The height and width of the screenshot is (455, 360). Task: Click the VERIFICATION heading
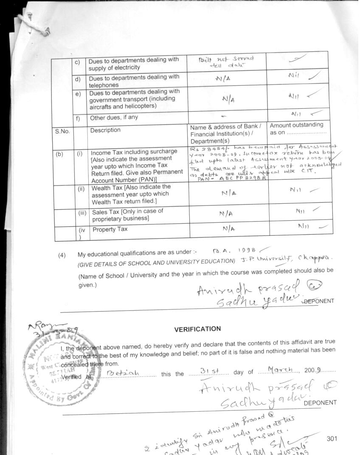click(197, 329)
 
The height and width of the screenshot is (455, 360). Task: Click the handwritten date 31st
click(208, 372)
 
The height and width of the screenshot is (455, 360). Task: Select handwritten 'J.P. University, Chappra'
click(281, 258)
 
